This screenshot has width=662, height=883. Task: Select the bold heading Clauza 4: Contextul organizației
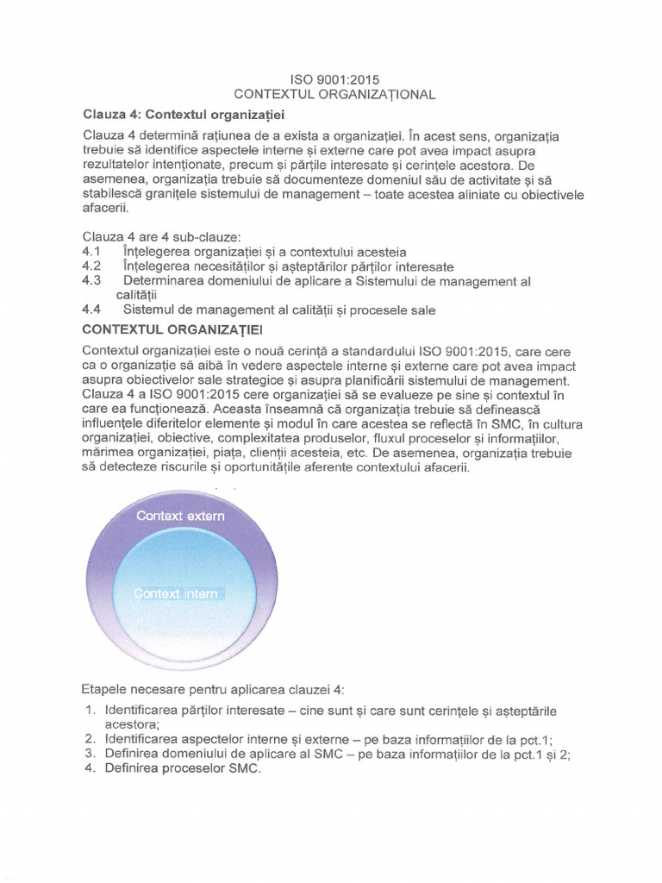click(x=184, y=114)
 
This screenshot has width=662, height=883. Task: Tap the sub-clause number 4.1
click(x=91, y=252)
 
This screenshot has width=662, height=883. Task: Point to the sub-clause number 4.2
click(x=91, y=266)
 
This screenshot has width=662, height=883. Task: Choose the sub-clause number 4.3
click(x=91, y=281)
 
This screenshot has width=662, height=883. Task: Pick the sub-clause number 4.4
click(x=91, y=310)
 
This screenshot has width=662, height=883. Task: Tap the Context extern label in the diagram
click(x=181, y=516)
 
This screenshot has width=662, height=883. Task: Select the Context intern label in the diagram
click(x=176, y=593)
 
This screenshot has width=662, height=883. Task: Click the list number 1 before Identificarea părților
click(x=90, y=711)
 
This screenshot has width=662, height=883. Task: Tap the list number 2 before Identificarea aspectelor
click(x=90, y=739)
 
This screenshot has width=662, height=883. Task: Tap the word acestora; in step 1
click(x=133, y=724)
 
